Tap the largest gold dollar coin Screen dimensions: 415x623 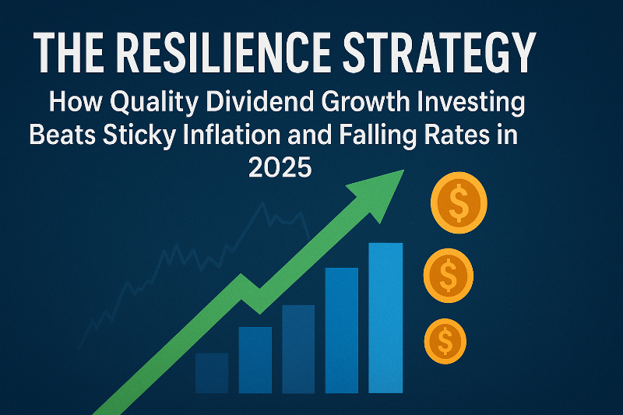(459, 204)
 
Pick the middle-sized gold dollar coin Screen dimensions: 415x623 (449, 275)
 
